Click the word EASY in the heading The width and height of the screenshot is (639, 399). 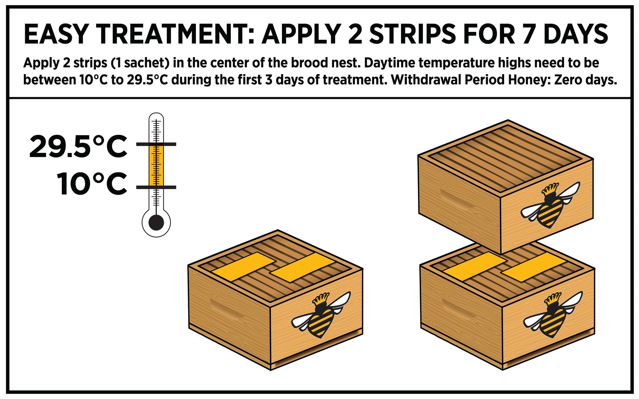56,34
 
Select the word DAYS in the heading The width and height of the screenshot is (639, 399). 576,34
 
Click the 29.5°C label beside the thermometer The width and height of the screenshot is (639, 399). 78,146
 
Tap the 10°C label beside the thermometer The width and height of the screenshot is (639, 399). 92,184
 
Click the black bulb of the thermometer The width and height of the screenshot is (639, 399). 156,223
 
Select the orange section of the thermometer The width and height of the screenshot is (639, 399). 156,165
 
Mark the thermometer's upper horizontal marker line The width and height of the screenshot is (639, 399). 156,144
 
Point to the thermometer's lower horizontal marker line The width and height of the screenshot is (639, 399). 156,187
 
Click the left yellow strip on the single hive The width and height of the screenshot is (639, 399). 244,267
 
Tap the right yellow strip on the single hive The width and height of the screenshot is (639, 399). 303,267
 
